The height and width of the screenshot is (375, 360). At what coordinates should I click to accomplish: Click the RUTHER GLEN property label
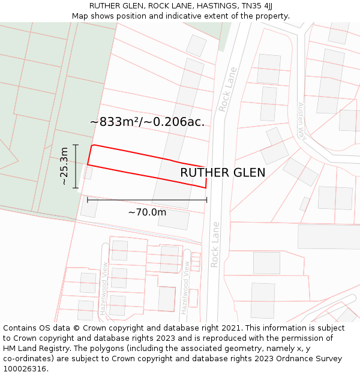[x=223, y=173]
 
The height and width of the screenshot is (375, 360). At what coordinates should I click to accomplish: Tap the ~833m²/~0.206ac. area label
[x=147, y=122]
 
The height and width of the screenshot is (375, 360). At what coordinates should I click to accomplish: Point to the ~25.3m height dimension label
[x=65, y=166]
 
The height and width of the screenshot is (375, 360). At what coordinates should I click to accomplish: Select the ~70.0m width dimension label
[x=147, y=212]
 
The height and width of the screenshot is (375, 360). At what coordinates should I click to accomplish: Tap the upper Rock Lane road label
[x=228, y=89]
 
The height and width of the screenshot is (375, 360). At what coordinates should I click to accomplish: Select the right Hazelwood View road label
[x=186, y=287]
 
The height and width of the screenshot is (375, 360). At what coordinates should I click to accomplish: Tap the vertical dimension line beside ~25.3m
[x=76, y=166]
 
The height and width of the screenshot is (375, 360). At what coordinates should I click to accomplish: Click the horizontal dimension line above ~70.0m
[x=147, y=200]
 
